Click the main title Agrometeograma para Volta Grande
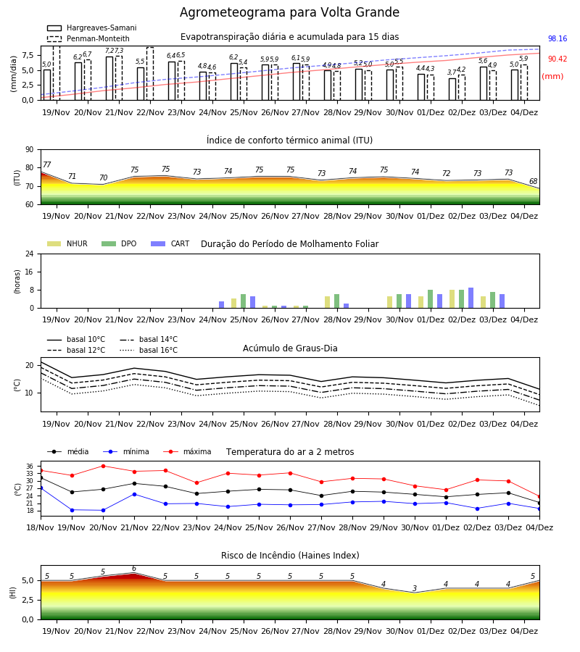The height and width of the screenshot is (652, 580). pyautogui.click(x=289, y=12)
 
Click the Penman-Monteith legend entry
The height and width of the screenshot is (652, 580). pyautogui.click(x=88, y=38)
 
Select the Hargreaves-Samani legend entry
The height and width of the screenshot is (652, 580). pyautogui.click(x=91, y=28)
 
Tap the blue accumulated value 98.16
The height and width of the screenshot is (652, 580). pyautogui.click(x=558, y=38)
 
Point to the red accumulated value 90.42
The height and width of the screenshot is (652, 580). pyautogui.click(x=558, y=59)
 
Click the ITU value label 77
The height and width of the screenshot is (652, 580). pyautogui.click(x=47, y=164)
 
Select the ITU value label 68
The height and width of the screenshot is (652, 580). pyautogui.click(x=534, y=181)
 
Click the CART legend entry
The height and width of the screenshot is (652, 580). pyautogui.click(x=170, y=243)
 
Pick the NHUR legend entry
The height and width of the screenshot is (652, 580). pyautogui.click(x=67, y=243)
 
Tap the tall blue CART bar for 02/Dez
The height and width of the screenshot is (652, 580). pyautogui.click(x=471, y=298)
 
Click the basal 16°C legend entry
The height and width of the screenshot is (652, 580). pyautogui.click(x=149, y=350)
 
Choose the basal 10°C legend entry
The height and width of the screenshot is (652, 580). pyautogui.click(x=76, y=339)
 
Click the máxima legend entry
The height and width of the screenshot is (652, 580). pyautogui.click(x=187, y=451)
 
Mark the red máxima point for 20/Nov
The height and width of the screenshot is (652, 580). pyautogui.click(x=103, y=466)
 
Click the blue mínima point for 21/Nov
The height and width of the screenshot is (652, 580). pyautogui.click(x=134, y=494)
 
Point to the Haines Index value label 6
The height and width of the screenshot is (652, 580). pyautogui.click(x=134, y=569)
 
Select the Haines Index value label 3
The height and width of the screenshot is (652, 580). pyautogui.click(x=415, y=588)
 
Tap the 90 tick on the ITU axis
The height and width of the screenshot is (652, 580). pyautogui.click(x=30, y=150)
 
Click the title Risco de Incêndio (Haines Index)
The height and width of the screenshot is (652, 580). pyautogui.click(x=290, y=556)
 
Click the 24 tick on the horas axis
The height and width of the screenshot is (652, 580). pyautogui.click(x=30, y=254)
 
